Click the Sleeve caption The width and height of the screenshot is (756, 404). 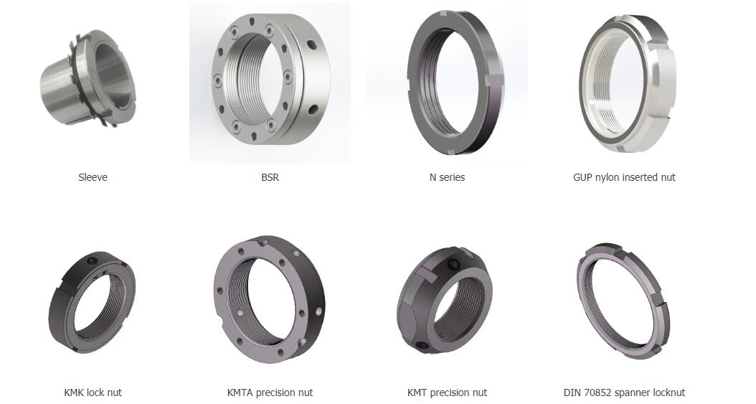coord(93,177)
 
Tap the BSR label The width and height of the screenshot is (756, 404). coord(270,177)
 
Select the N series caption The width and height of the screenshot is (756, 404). coord(447,177)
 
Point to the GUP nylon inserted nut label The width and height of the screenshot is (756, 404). coord(624,177)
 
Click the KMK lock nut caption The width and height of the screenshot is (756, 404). coord(93,393)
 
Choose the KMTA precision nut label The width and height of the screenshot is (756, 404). coord(270,393)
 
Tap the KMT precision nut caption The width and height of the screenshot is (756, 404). coord(447,393)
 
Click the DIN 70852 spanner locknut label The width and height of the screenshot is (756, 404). coord(624,393)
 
